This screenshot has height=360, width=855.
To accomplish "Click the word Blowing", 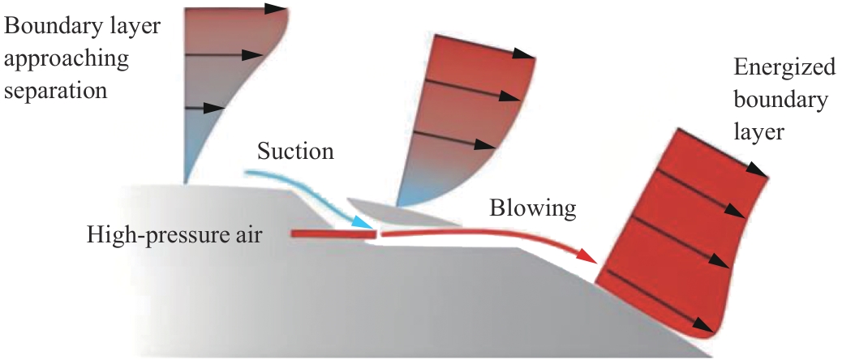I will [x=532, y=208].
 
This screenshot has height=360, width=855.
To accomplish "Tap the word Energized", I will [x=784, y=67].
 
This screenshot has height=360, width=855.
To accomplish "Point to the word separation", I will [x=56, y=89].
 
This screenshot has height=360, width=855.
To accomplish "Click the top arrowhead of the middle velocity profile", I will [x=524, y=56].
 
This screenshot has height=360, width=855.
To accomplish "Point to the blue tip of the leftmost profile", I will [x=188, y=170].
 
